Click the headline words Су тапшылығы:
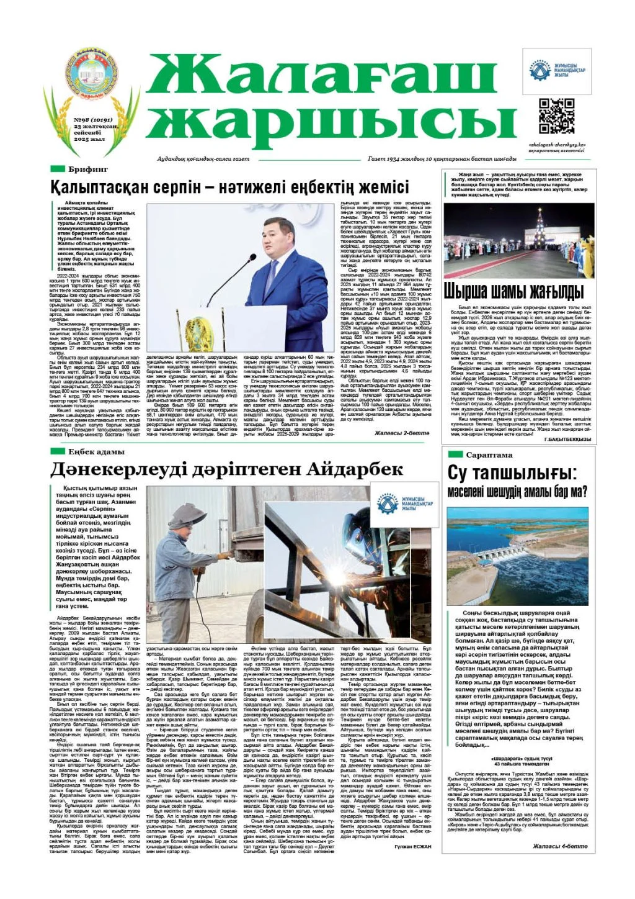click(x=512, y=473)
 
